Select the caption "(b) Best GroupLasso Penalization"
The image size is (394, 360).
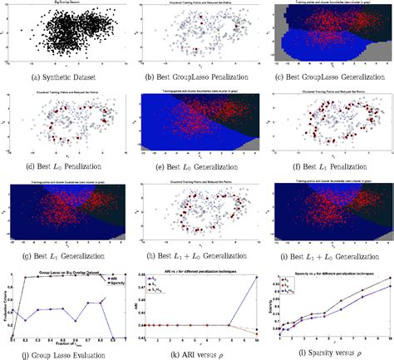pos(196,79)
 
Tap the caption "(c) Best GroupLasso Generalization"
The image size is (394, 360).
pos(328,79)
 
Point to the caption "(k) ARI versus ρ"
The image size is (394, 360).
pos(197,352)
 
